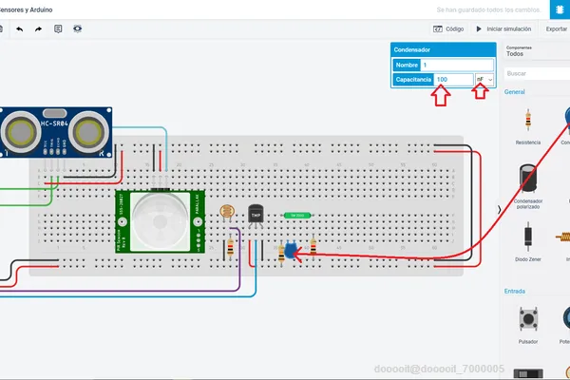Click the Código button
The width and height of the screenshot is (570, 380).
[448, 29]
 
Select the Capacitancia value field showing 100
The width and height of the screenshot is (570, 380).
[454, 80]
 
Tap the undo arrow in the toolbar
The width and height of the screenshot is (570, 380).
[20, 29]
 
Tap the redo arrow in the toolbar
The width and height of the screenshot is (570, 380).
[39, 29]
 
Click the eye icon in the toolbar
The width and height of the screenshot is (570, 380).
[78, 29]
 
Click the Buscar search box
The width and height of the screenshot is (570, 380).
[537, 73]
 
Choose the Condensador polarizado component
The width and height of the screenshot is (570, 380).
[527, 182]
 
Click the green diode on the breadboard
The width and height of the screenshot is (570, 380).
[296, 215]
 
